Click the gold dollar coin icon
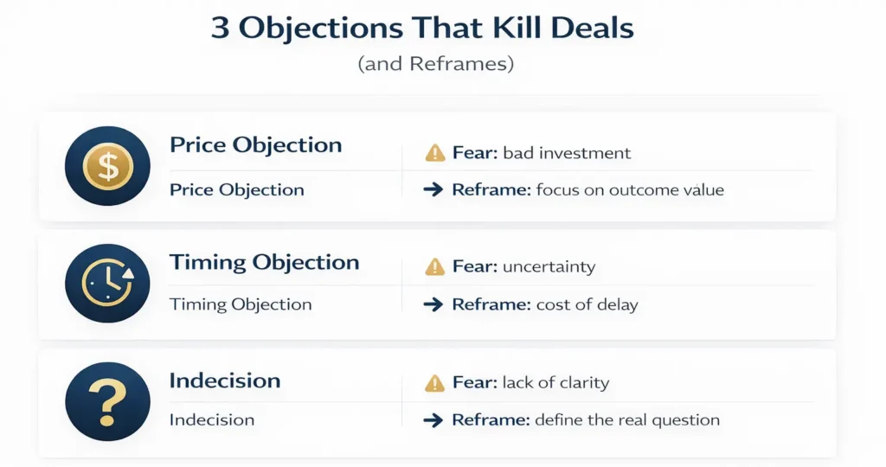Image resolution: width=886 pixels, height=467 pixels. click(x=107, y=165)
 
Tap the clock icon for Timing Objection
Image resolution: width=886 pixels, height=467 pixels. click(x=107, y=284)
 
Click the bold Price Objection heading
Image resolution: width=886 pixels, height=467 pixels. click(x=255, y=144)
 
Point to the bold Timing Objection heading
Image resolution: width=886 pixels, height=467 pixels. click(x=264, y=262)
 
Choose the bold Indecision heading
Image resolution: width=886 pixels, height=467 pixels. click(x=225, y=381)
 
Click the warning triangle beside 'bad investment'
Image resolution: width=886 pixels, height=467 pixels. click(x=434, y=154)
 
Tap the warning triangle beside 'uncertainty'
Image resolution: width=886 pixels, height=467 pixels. click(x=434, y=267)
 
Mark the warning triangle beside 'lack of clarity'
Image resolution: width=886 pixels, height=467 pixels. click(x=434, y=383)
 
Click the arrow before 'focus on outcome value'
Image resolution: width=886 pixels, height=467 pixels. click(x=433, y=189)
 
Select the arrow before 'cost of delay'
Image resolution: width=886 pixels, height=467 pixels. click(x=433, y=304)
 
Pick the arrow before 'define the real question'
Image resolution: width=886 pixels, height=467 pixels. click(x=433, y=420)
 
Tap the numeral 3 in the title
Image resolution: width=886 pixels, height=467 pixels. click(x=221, y=28)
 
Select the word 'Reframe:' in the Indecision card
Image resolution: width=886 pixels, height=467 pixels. click(x=491, y=420)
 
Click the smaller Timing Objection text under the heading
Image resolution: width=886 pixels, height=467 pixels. click(x=241, y=304)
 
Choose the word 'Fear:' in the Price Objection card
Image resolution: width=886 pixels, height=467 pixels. click(x=474, y=154)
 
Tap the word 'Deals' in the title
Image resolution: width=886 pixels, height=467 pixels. click(x=590, y=28)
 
